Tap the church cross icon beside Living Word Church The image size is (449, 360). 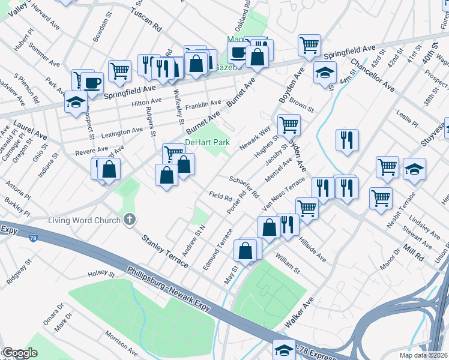click(129, 220)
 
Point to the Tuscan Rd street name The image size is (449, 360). click(146, 20)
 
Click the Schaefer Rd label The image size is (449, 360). click(244, 187)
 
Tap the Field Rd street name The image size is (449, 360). click(220, 196)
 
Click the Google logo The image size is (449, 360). click(20, 353)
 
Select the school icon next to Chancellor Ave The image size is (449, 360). click(325, 73)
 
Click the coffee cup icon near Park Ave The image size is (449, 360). click(92, 82)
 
